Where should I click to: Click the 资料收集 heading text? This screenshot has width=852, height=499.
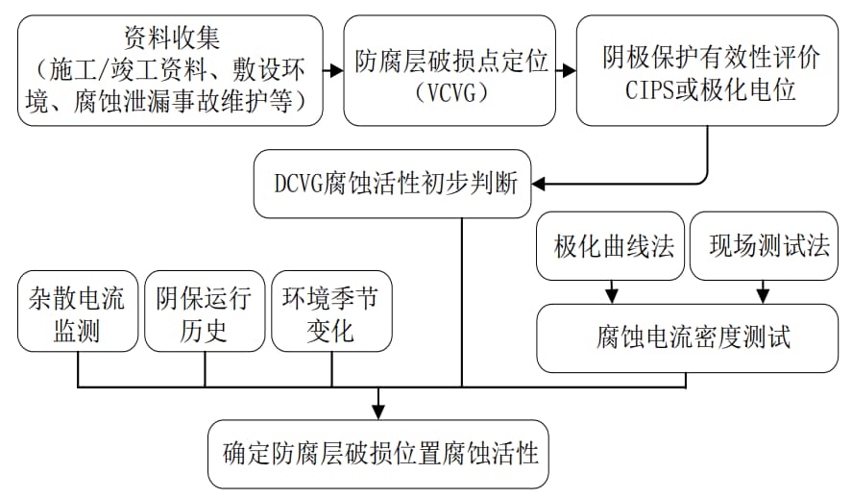pos(172,38)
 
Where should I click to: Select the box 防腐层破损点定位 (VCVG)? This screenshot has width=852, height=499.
pos(450,71)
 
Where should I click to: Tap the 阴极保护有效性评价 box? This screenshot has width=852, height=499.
pos(707,71)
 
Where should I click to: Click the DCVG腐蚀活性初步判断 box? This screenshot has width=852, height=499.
pos(392,184)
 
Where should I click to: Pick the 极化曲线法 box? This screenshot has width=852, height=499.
pos(610,246)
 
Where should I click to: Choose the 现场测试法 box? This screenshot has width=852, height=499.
pos(764,246)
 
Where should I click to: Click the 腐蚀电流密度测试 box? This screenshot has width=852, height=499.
pos(688,337)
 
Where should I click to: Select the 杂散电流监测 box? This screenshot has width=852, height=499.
pos(78,312)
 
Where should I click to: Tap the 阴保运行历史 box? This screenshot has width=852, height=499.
pos(205,312)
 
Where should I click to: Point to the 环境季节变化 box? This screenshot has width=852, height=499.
pos(331,312)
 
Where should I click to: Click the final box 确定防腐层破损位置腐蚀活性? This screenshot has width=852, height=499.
pos(378,455)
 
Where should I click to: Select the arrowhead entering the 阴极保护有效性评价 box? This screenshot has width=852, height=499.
pos(570,70)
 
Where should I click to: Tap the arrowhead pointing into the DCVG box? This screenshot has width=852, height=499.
pos(538,184)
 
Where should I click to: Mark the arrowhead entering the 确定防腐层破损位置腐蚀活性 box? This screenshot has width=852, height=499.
pos(378,412)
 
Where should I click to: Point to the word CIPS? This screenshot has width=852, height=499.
pos(649,90)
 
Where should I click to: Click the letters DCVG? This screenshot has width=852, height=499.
pos(299,184)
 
